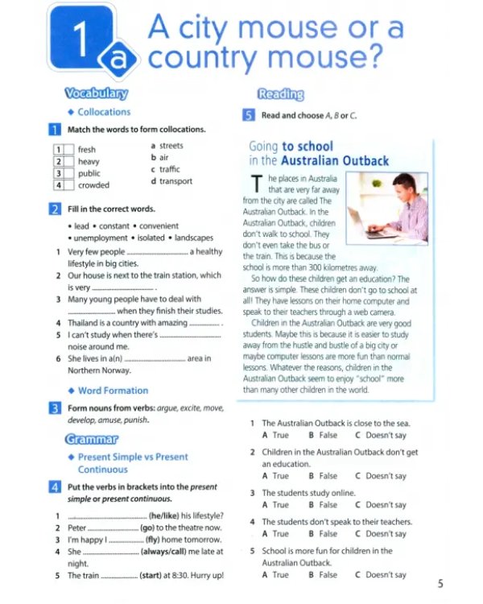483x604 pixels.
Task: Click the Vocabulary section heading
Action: [x=97, y=93]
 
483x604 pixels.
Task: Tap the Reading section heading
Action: [x=281, y=94]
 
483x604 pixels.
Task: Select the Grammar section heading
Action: [x=92, y=439]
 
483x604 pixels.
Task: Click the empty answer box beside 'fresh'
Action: [x=69, y=150]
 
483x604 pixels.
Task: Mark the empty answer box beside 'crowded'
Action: [x=69, y=185]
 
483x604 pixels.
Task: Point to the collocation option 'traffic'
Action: [x=170, y=169]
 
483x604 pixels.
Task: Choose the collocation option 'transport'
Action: [x=175, y=181]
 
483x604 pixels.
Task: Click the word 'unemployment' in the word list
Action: [x=101, y=238]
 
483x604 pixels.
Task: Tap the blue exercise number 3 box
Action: [x=55, y=408]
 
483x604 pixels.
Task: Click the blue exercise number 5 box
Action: [x=249, y=115]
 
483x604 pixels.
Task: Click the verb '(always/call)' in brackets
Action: [x=163, y=552]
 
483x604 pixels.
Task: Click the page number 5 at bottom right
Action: [x=440, y=584]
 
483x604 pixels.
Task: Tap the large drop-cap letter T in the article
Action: [x=257, y=184]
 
